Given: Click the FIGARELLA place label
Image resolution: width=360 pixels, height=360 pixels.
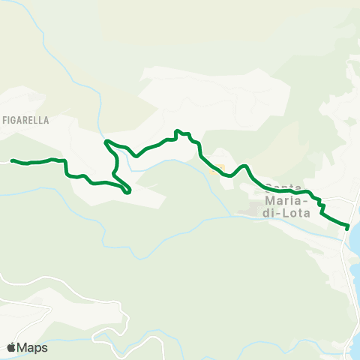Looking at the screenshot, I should coord(25,119).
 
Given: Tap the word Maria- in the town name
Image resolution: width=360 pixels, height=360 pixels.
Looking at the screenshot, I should coord(282,200).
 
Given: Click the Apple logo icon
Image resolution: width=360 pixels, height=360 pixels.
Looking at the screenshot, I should coord(11,347).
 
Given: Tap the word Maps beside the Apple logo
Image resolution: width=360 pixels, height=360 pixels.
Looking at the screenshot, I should coord(32,347).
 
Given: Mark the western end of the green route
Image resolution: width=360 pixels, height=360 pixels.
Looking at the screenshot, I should coord(13,160).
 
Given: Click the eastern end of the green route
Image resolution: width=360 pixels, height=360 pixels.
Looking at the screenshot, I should coord(348,226).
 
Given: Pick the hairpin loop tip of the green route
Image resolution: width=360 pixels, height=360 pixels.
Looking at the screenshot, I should coord(129,190).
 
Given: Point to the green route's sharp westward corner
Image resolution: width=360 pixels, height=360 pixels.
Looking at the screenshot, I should coord(106,141).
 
